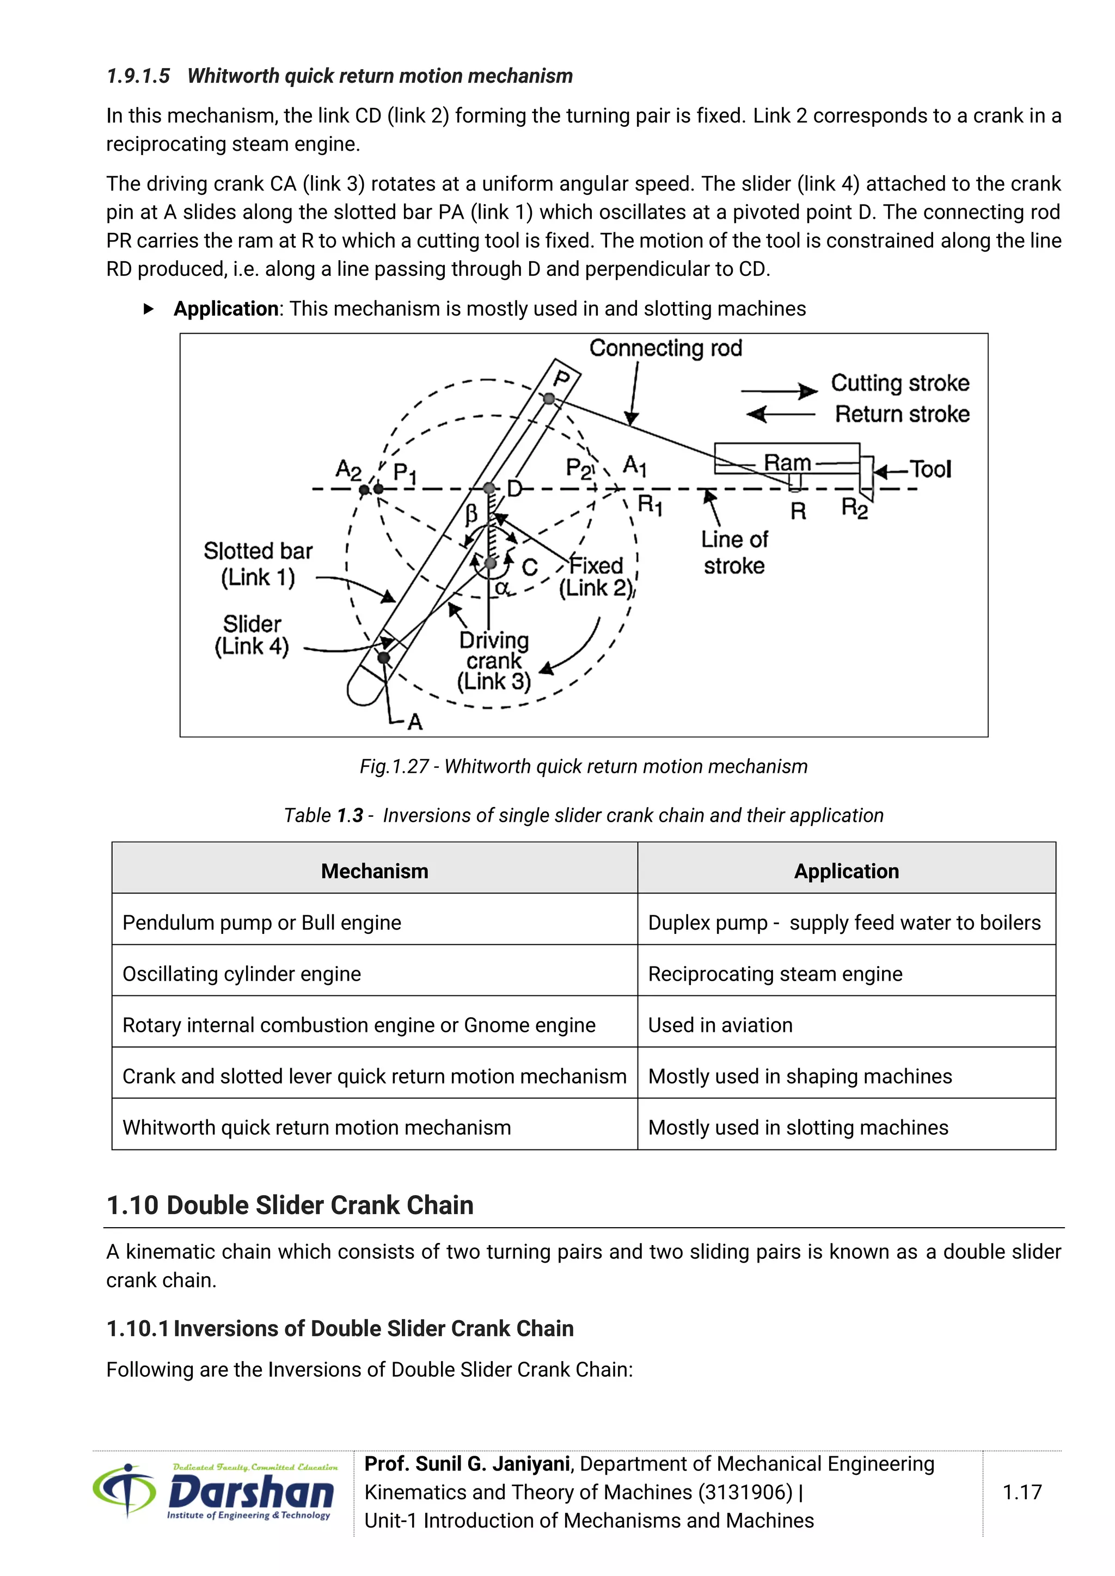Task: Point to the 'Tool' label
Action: [930, 470]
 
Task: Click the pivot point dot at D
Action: [489, 488]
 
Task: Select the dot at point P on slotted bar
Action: [549, 398]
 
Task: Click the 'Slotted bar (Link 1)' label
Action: [258, 564]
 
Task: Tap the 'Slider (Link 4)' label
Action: [252, 635]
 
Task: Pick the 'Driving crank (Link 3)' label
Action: [494, 660]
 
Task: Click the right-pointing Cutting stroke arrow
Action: [779, 391]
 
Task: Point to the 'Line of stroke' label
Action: [734, 552]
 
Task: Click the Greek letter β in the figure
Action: [471, 513]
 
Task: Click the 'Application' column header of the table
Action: [846, 871]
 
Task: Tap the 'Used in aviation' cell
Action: [720, 1025]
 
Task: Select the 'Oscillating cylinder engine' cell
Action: [242, 974]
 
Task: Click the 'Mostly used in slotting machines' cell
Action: [798, 1127]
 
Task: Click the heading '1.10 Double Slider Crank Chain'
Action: [290, 1205]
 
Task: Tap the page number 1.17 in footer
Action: [1021, 1492]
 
